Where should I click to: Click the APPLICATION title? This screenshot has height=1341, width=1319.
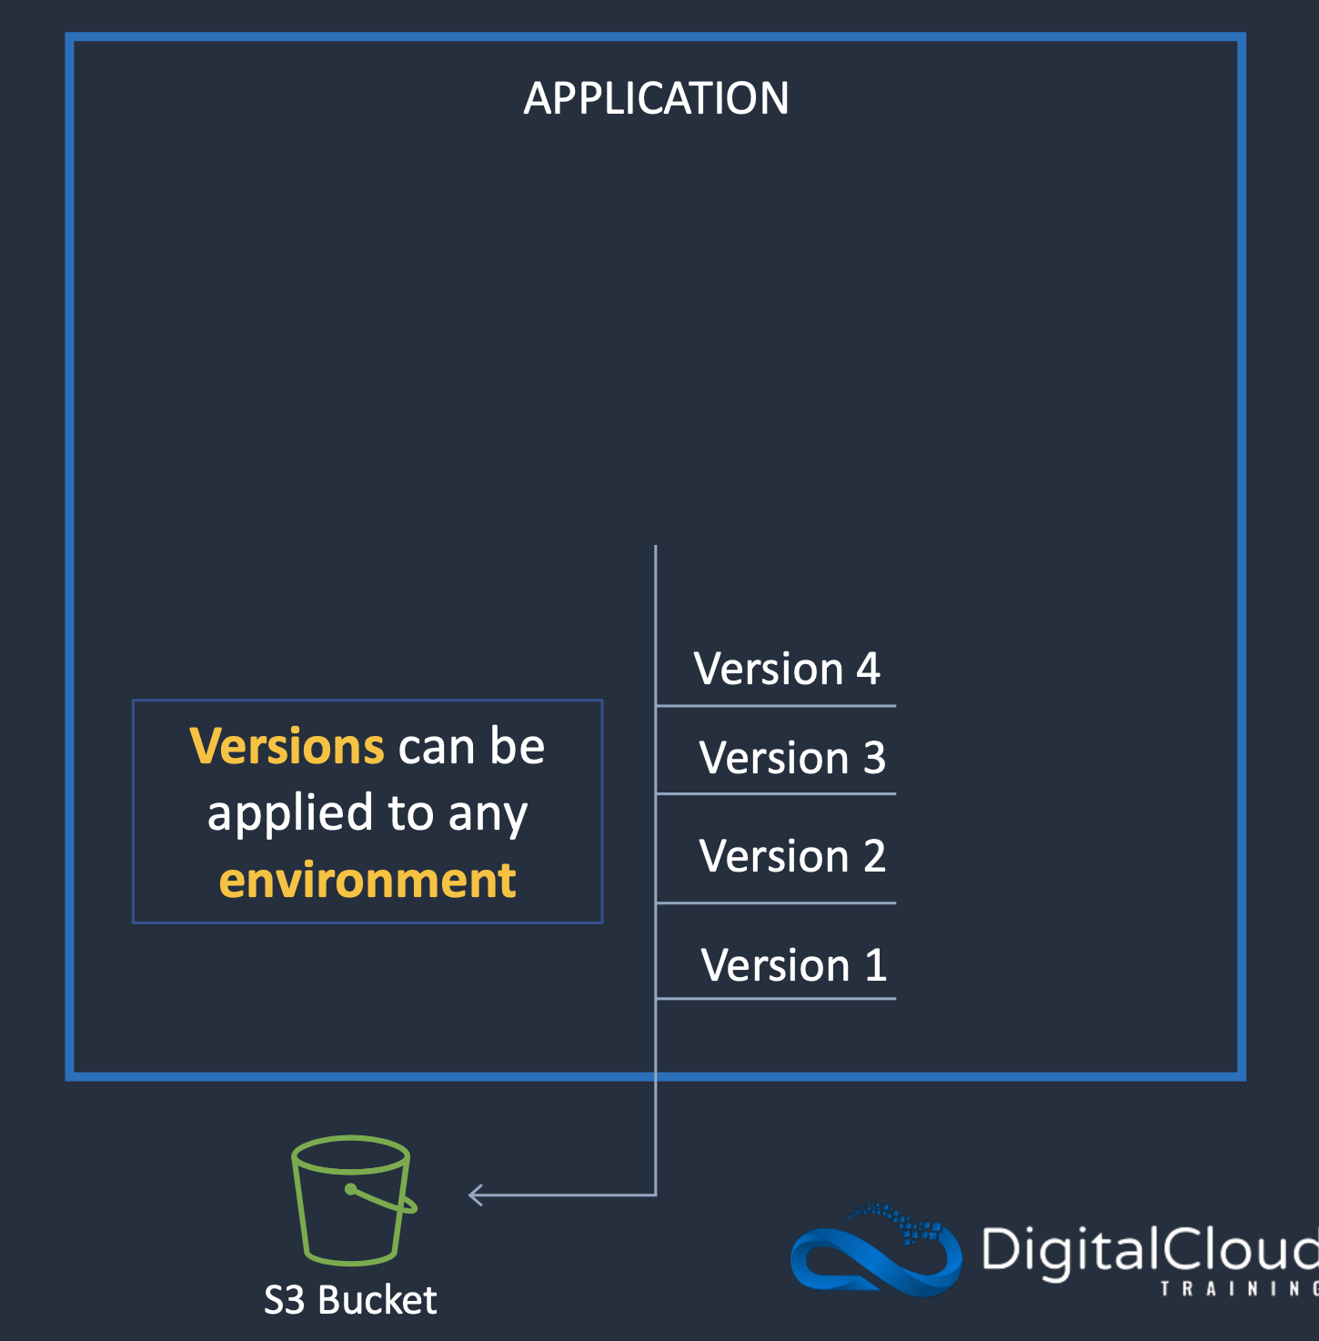(x=656, y=98)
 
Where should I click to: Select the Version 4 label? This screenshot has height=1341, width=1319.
(x=786, y=670)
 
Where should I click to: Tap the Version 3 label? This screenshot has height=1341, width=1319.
(x=791, y=758)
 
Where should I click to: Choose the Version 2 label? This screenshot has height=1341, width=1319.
(x=791, y=856)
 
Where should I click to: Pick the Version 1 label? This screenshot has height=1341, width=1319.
(x=793, y=965)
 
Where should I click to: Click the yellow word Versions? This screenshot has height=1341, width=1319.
(x=287, y=747)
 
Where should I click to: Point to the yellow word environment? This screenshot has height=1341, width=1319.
(x=368, y=881)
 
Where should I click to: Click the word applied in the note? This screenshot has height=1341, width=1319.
(x=290, y=813)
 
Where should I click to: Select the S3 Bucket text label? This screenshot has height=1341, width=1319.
(x=350, y=1300)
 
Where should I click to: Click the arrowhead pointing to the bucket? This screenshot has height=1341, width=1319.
(x=475, y=1195)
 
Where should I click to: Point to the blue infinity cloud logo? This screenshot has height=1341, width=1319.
(x=875, y=1250)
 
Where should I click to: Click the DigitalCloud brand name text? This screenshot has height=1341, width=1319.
(x=1148, y=1250)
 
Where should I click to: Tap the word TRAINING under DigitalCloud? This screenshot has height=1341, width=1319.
(x=1237, y=1289)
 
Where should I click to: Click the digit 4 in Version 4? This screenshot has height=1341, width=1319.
(x=868, y=670)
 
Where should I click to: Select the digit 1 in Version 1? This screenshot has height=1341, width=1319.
(x=875, y=965)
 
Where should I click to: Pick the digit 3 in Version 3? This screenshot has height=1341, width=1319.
(x=873, y=758)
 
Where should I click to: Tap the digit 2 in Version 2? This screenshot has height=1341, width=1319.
(x=873, y=856)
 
